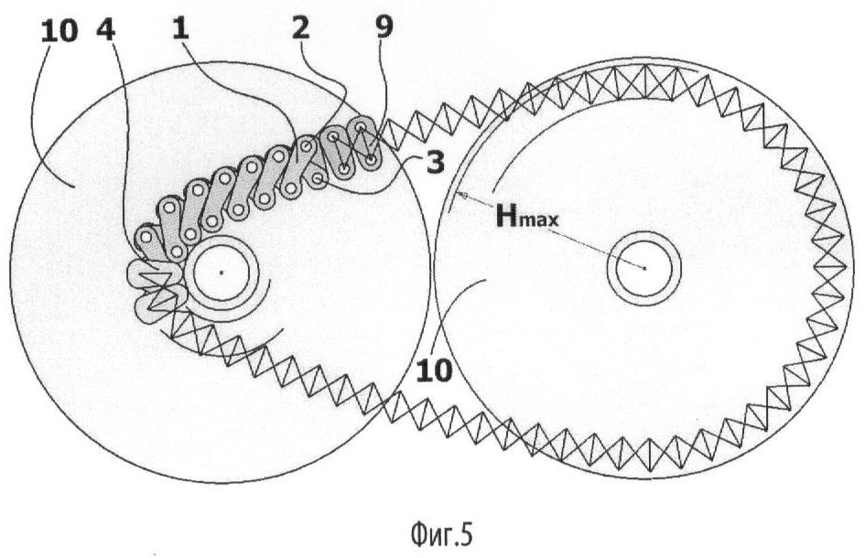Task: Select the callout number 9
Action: coord(384,27)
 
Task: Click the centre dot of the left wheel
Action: coord(222,272)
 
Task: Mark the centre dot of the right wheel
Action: coord(644,267)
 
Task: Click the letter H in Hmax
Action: coord(507,216)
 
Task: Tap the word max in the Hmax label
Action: coord(541,220)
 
